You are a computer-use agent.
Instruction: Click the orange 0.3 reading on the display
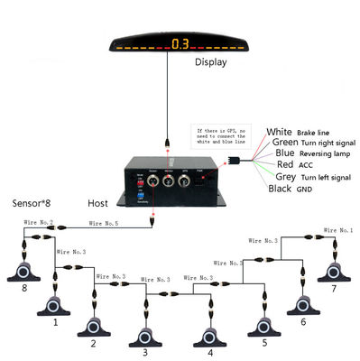[180, 42]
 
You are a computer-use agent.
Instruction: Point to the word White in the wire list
[281, 133]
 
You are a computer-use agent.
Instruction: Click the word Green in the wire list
[285, 143]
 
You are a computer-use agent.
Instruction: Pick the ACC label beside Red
[307, 165]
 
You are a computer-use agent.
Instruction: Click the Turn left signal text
[327, 177]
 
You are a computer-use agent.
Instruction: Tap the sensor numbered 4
[209, 335]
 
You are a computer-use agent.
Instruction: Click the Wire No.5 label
[104, 222]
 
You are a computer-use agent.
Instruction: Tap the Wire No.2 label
[38, 222]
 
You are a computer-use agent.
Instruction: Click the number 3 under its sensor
[144, 351]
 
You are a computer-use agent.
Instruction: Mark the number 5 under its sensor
[263, 343]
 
